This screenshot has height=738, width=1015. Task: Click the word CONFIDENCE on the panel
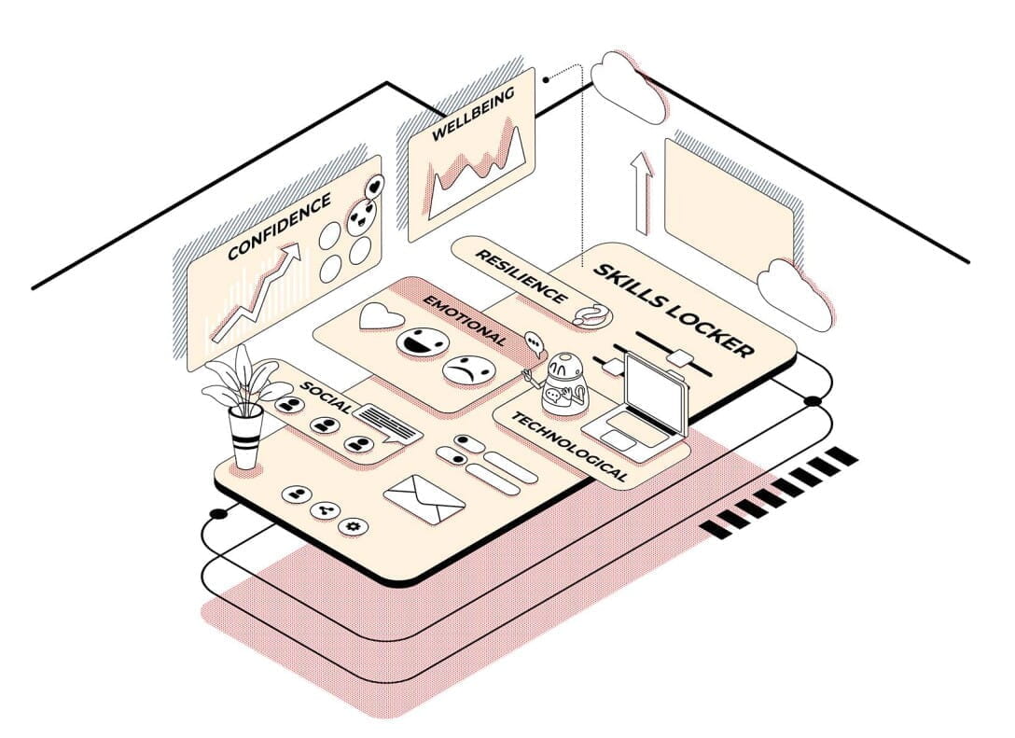pos(279,226)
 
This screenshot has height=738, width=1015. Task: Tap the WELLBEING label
pos(473,113)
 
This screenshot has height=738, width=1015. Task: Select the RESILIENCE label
pos(521,276)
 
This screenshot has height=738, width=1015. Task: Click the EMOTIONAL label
pos(465,320)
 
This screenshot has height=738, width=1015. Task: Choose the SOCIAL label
pos(327,397)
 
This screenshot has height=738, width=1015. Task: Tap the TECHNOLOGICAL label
pos(570,447)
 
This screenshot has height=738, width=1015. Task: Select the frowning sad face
pos(469,371)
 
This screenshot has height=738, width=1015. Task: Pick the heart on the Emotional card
pos(382,316)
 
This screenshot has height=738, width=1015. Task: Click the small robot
pos(562,383)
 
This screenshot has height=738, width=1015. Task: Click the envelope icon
pos(424,499)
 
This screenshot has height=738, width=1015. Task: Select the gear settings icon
pos(353,526)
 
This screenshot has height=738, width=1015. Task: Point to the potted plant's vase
pos(246,437)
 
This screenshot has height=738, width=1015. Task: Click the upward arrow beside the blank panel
pos(641,192)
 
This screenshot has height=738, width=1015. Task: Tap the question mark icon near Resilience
pos(591,315)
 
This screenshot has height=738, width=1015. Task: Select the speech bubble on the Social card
pos(386,424)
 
